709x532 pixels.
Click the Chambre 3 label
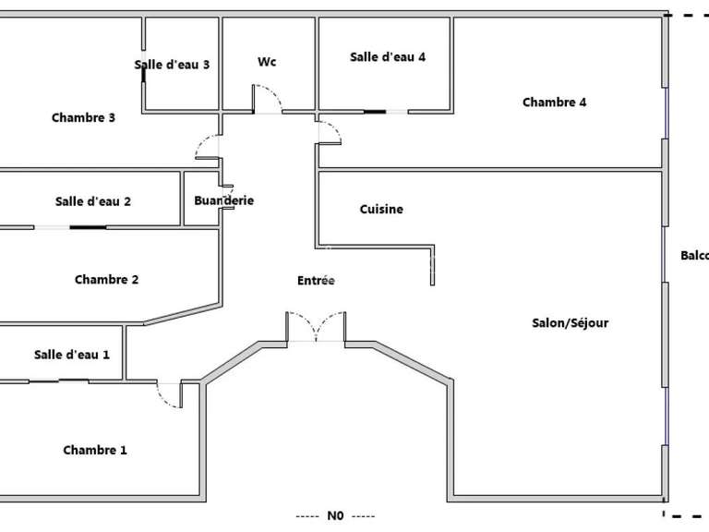pos(83,117)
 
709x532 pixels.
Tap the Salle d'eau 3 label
pos(172,65)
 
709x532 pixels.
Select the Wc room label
pos(267,62)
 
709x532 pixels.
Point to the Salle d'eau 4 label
pos(388,57)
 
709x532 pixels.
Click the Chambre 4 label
pos(554,103)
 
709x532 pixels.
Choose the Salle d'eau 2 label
pos(93,201)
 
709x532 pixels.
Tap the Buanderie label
pos(223,200)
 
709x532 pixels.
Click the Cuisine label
pos(381,210)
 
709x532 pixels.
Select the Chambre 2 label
pos(106,280)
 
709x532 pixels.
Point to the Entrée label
pos(316,281)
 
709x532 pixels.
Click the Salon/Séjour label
pos(571,323)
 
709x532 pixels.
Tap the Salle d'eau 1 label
pos(72,355)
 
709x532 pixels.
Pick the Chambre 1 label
pos(95,451)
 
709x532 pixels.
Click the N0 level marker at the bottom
pos(335,516)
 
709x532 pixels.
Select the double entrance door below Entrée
pos(316,328)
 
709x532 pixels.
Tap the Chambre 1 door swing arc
pos(169,395)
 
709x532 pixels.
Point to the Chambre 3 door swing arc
pos(205,146)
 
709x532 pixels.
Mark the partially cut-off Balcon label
pos(695,257)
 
